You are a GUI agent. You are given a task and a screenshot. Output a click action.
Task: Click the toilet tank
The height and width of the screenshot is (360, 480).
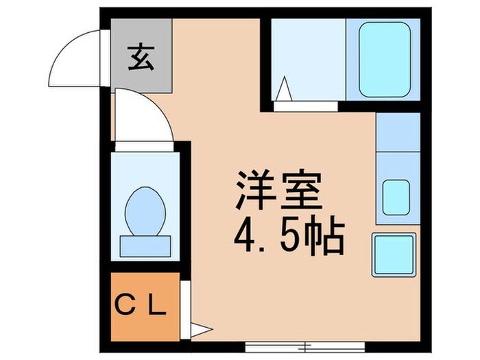145,245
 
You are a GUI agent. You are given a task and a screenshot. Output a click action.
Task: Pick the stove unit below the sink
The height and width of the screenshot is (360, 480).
394,254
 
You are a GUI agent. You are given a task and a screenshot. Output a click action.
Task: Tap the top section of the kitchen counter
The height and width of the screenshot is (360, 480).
398,131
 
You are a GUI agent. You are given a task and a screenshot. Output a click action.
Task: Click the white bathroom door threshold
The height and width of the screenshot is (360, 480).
306,106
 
